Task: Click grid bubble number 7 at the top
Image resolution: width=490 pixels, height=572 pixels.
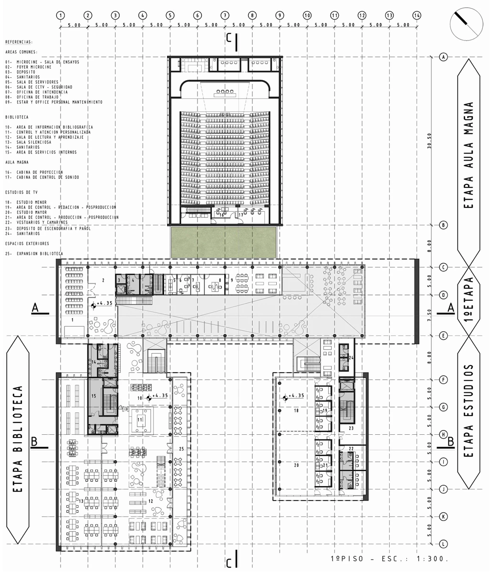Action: coord(224,15)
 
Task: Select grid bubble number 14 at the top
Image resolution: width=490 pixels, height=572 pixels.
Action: coord(417,15)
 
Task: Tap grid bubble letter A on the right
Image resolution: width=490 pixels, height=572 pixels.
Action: coord(444,57)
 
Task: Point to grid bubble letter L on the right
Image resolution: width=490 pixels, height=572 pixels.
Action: coord(444,544)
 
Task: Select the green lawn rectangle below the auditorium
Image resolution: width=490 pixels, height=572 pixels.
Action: coord(223,242)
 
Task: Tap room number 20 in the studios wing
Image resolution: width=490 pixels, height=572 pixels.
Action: coord(296,465)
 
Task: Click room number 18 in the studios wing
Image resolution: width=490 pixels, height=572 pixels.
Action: coord(296,410)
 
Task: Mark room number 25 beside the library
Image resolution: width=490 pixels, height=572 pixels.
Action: coord(181,449)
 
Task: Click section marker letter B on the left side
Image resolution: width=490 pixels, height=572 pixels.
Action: coord(34,442)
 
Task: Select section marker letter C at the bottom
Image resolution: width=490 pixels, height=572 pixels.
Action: coord(229,563)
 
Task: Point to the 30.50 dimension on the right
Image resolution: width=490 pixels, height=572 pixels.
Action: coord(429,142)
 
